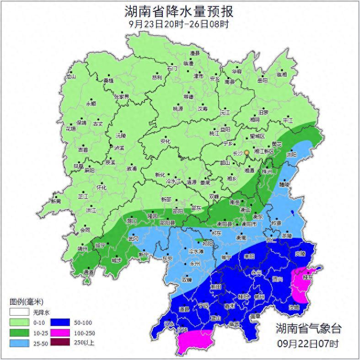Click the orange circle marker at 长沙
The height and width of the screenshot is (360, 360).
[247, 152]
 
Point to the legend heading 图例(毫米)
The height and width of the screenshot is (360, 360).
[26, 302]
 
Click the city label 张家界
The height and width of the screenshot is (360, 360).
[122, 97]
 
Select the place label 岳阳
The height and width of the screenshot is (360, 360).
[262, 81]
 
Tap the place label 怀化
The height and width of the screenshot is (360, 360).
[101, 188]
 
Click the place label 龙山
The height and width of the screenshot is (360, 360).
[70, 77]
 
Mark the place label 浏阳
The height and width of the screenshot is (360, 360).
[291, 155]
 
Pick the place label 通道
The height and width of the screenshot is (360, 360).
[88, 273]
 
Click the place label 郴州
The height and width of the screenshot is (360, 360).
[259, 297]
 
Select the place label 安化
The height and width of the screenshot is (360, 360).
[165, 141]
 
